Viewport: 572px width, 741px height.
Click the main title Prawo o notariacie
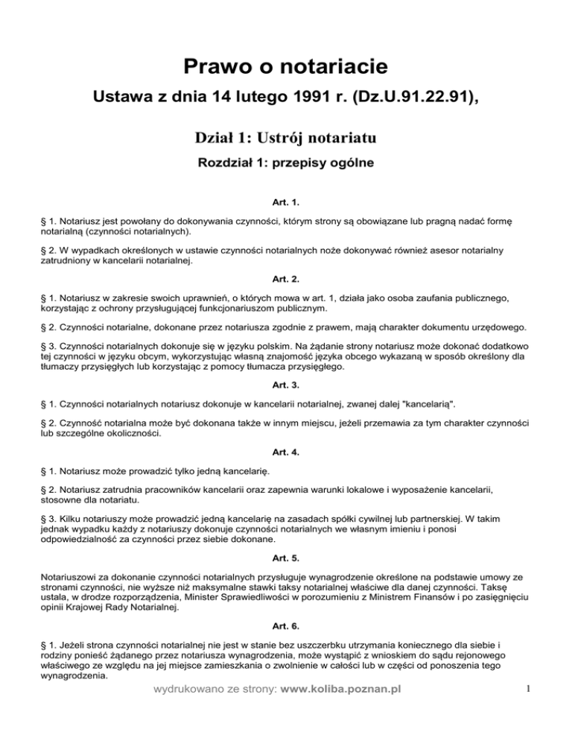(286, 68)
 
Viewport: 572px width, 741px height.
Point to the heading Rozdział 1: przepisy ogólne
(286, 162)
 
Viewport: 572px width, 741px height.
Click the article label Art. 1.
(286, 202)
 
